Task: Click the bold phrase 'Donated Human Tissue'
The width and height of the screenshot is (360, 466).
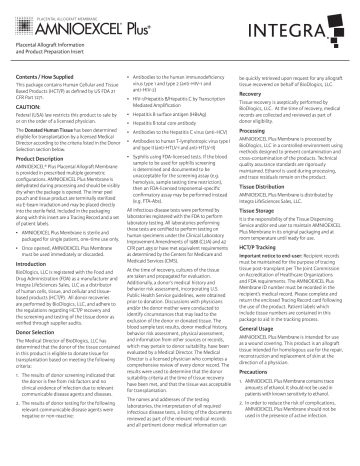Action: tap(60, 131)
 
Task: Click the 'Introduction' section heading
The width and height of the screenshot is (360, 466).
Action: tap(37, 269)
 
